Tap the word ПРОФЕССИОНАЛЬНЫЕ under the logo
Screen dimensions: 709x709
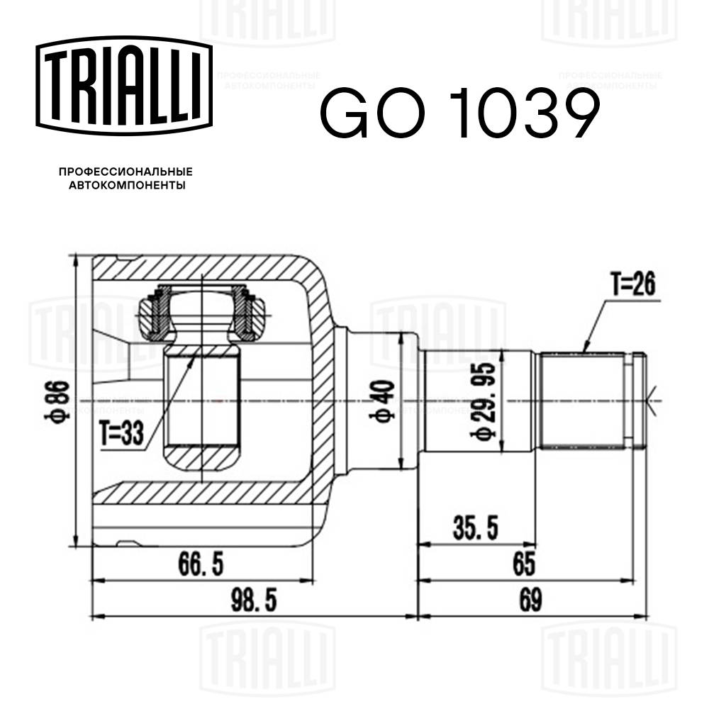125,172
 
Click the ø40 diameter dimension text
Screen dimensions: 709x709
385,402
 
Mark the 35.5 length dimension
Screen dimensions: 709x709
476,528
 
